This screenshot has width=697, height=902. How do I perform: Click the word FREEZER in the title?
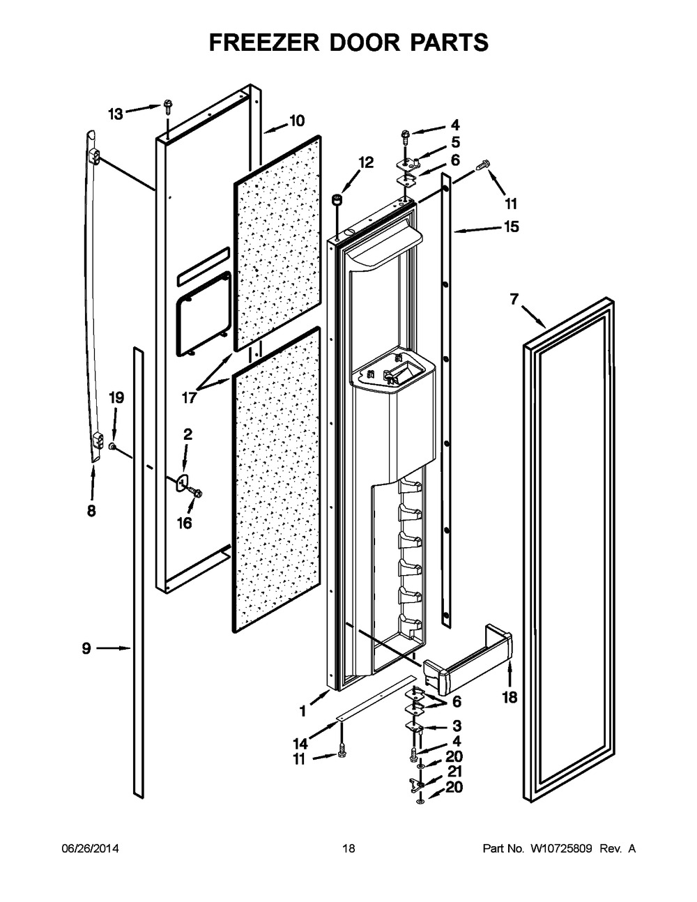pyautogui.click(x=264, y=43)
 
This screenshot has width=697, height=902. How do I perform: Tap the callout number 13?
pyautogui.click(x=116, y=114)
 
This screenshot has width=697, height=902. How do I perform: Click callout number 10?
pyautogui.click(x=297, y=121)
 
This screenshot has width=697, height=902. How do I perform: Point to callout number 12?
pyautogui.click(x=366, y=162)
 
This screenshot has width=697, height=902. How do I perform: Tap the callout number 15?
pyautogui.click(x=511, y=227)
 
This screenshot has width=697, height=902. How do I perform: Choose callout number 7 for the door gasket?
pyautogui.click(x=514, y=299)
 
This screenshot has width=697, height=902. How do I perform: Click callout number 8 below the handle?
pyautogui.click(x=91, y=510)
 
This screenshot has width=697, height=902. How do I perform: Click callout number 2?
pyautogui.click(x=187, y=434)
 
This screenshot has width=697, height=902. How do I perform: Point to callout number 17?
pyautogui.click(x=189, y=398)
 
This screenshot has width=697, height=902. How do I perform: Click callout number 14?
pyautogui.click(x=301, y=744)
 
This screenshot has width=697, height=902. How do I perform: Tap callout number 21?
pyautogui.click(x=454, y=772)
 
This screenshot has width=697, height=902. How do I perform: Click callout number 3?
pyautogui.click(x=457, y=726)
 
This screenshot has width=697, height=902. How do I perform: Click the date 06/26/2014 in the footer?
pyautogui.click(x=90, y=848)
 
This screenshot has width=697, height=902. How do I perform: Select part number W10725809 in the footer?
pyautogui.click(x=561, y=848)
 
